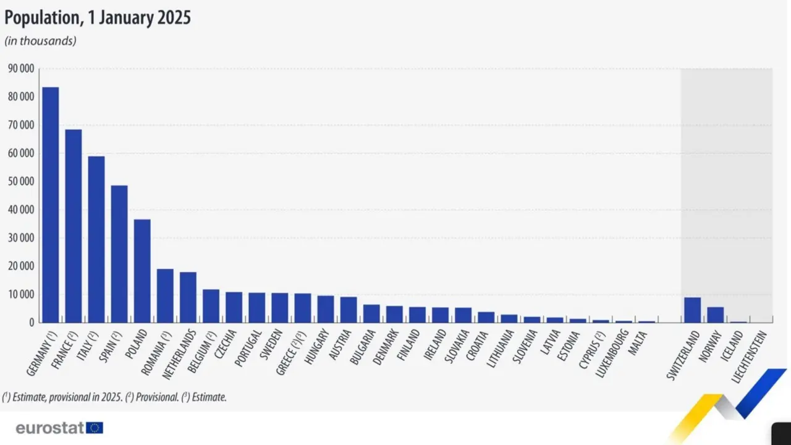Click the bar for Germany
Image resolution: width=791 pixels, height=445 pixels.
click(x=50, y=204)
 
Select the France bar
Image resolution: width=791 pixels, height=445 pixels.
click(x=73, y=226)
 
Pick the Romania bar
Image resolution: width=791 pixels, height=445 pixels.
click(x=165, y=295)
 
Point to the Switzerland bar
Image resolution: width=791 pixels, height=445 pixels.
click(x=692, y=310)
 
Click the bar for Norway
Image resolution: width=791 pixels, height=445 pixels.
click(x=715, y=315)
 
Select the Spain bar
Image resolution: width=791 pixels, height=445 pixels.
click(x=119, y=253)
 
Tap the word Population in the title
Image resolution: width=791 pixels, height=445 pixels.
click(x=40, y=18)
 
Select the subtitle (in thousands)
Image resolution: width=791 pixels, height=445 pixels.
click(x=40, y=41)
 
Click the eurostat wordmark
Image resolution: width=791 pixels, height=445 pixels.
click(x=49, y=428)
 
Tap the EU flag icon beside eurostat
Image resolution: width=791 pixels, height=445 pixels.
click(x=95, y=428)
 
